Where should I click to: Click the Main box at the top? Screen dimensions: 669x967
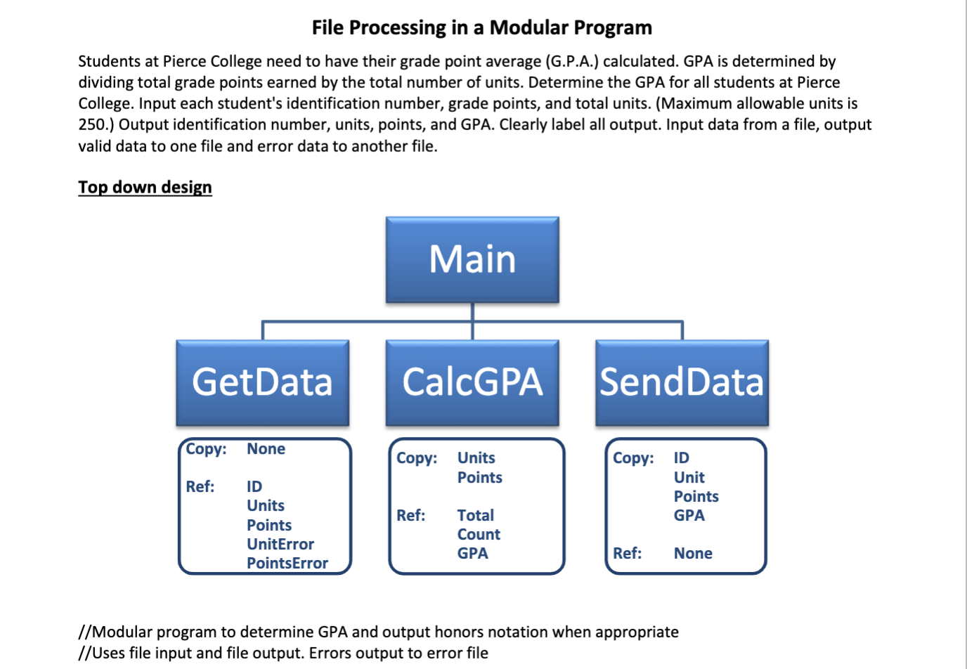[x=472, y=259]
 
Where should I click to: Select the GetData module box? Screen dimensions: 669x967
[x=262, y=382]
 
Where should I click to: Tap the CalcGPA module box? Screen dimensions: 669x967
[x=472, y=382]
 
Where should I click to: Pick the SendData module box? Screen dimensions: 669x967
[x=682, y=382]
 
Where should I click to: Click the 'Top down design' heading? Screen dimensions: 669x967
[x=145, y=187]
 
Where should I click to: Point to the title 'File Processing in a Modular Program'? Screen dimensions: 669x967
[x=482, y=27]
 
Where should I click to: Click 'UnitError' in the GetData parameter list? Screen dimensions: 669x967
[x=280, y=544]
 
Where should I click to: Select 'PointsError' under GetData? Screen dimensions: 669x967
[x=287, y=563]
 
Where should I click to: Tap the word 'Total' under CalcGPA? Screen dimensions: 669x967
[x=476, y=515]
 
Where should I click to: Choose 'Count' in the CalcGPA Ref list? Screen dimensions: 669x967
[x=479, y=534]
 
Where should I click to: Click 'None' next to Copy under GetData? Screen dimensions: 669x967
[x=266, y=449]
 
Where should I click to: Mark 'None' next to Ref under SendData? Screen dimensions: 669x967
[x=693, y=553]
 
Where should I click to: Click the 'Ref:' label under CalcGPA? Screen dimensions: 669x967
[x=411, y=515]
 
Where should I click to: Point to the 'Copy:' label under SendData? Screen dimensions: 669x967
[x=633, y=458]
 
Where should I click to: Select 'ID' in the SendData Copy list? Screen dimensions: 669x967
[x=682, y=458]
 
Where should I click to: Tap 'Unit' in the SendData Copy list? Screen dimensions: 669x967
[x=689, y=477]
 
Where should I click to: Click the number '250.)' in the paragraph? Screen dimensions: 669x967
[x=96, y=124]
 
